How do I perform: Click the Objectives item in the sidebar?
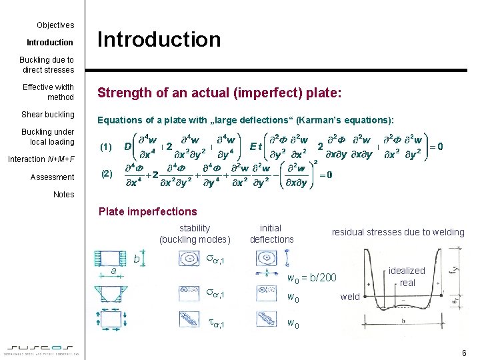pyautogui.click(x=55, y=25)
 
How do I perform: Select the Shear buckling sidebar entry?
pyautogui.click(x=48, y=115)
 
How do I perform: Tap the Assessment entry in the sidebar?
pyautogui.click(x=52, y=177)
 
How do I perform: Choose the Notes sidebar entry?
pyautogui.click(x=64, y=195)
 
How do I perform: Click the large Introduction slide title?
pyautogui.click(x=159, y=40)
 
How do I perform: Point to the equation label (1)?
pyautogui.click(x=106, y=147)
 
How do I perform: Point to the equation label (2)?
pyautogui.click(x=106, y=174)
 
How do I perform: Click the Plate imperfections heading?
pyautogui.click(x=147, y=212)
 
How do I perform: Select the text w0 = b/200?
pyautogui.click(x=311, y=277)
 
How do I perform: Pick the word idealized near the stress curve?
pyautogui.click(x=407, y=271)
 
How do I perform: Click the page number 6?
pyautogui.click(x=463, y=351)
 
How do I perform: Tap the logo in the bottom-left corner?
pyautogui.click(x=42, y=349)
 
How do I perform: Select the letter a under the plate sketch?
pyautogui.click(x=114, y=271)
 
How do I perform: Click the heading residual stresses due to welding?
pyautogui.click(x=398, y=233)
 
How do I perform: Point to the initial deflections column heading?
pyautogui.click(x=271, y=233)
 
